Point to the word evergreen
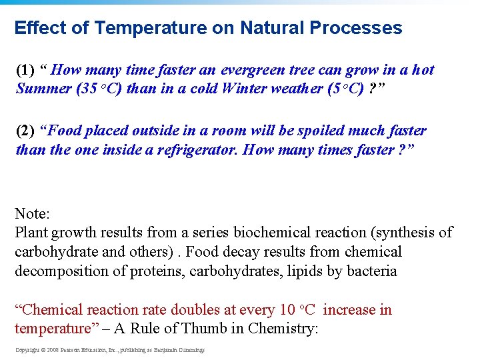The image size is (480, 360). point(253,70)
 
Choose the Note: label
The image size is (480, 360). point(32,214)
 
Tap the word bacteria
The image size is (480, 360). point(370,271)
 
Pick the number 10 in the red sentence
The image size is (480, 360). point(287,310)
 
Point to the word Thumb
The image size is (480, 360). point(222,329)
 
